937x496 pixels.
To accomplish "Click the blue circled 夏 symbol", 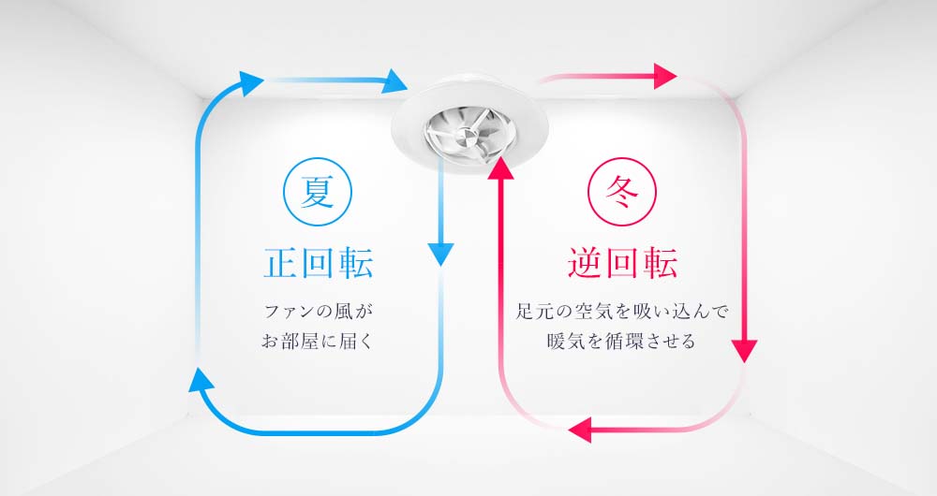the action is tap(318, 192).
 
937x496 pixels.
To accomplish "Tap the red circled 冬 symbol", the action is tap(622, 192).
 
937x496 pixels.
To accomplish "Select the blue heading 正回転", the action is tap(319, 263).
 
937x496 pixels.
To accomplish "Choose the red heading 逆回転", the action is tap(623, 263).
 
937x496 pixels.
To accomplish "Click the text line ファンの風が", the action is tap(318, 312).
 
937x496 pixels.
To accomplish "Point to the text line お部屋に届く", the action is tap(318, 342).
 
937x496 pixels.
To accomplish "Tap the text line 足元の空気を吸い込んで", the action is tap(622, 312).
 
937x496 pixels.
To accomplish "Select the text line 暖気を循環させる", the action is tap(621, 342).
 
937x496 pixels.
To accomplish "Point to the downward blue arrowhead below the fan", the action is tap(441, 254).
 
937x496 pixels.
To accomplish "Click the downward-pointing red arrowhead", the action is tap(744, 350).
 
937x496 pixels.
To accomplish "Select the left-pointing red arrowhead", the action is tap(580, 430).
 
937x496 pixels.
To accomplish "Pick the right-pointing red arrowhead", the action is tap(665, 76).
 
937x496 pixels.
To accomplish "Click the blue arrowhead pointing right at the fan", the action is tap(395, 80).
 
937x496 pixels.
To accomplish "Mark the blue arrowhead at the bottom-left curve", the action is tap(201, 380).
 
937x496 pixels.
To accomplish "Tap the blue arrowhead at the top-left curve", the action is tap(251, 82).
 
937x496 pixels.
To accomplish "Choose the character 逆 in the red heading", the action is tap(585, 263).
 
